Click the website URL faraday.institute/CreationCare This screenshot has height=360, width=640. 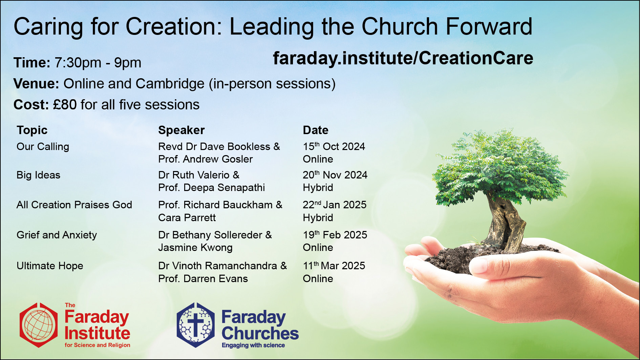click(x=403, y=58)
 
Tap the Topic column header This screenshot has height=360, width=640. click(x=32, y=130)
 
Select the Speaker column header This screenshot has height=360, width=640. click(x=182, y=130)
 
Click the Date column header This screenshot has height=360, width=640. click(x=316, y=130)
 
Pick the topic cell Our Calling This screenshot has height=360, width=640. click(x=43, y=147)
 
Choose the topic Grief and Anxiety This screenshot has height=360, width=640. click(x=57, y=235)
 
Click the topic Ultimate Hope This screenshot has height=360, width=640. click(x=50, y=266)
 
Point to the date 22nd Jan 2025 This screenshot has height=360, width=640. click(x=335, y=205)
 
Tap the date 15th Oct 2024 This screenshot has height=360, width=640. click(x=334, y=147)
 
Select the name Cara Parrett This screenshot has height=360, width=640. click(x=187, y=218)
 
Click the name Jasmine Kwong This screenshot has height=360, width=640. click(x=195, y=248)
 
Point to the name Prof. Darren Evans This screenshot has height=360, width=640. click(x=203, y=279)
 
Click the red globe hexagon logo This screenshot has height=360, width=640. click(x=39, y=325)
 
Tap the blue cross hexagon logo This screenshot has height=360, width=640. click(x=196, y=325)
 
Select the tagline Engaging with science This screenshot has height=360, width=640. click(x=253, y=345)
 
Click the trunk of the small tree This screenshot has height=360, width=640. click(x=505, y=220)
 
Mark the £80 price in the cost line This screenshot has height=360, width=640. click(x=65, y=105)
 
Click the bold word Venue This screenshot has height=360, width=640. click(x=36, y=84)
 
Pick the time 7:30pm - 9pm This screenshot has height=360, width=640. click(x=98, y=63)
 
